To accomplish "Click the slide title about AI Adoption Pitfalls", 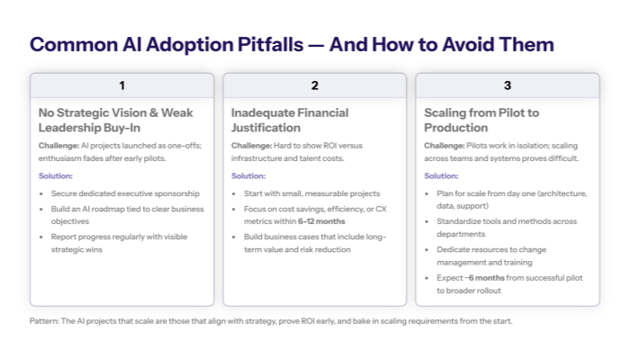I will click(x=292, y=44).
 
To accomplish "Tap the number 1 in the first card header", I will click(x=121, y=85).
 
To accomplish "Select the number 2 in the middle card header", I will click(x=314, y=85).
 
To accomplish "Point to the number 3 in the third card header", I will click(x=507, y=85).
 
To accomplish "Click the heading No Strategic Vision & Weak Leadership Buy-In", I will click(x=103, y=120).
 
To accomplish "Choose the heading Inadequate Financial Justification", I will click(x=289, y=120).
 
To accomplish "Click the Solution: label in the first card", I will click(x=55, y=175).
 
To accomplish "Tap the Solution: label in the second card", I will click(x=247, y=175).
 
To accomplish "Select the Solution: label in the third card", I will click(x=441, y=175).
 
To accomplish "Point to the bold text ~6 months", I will click(x=491, y=278).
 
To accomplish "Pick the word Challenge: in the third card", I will click(x=444, y=145).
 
